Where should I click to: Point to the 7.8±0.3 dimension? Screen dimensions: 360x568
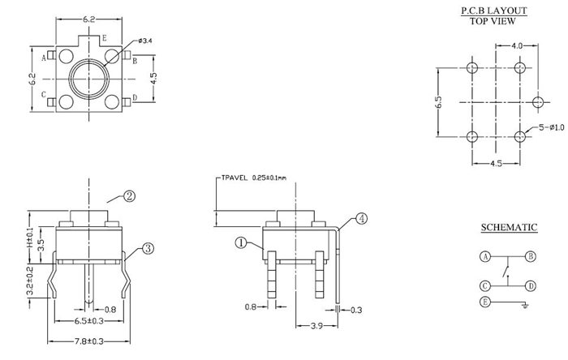[87, 341]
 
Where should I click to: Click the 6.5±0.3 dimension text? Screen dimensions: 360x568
[87, 321]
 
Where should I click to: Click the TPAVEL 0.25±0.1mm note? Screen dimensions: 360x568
[252, 177]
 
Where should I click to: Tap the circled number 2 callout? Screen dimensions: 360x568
[129, 195]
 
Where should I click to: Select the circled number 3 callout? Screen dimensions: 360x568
[148, 249]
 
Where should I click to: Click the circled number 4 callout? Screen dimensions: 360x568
[361, 218]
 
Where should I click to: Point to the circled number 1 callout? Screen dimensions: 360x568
[241, 242]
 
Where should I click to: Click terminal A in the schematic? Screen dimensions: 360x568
[485, 256]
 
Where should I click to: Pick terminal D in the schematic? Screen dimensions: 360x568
[530, 285]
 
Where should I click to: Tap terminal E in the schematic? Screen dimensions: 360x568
[485, 302]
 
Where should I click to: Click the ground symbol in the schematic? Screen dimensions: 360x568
[526, 305]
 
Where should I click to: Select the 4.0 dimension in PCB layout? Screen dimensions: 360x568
[516, 46]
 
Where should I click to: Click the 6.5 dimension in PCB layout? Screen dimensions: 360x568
[438, 103]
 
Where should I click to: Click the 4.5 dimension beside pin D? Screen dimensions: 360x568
[155, 79]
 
